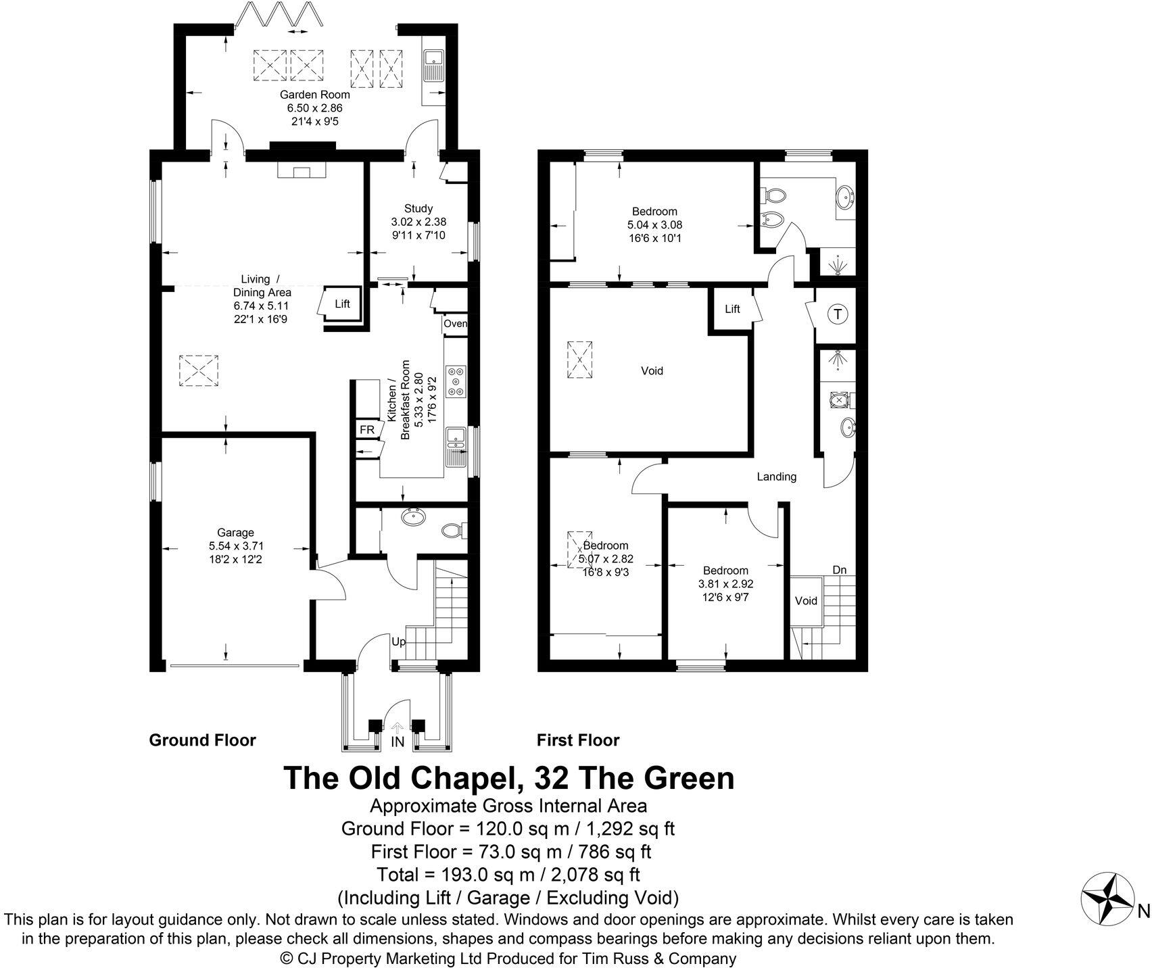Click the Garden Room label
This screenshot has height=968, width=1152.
(x=314, y=95)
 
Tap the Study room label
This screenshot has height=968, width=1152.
(x=418, y=208)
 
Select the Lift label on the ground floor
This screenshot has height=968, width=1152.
(x=343, y=304)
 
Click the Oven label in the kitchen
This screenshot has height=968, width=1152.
(x=455, y=324)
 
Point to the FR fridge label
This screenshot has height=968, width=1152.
(x=366, y=430)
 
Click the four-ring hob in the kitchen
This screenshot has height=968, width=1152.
(x=455, y=381)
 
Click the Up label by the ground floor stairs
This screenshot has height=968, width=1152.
(x=399, y=642)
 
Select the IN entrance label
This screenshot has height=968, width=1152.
(x=398, y=742)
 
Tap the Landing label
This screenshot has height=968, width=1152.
(x=776, y=477)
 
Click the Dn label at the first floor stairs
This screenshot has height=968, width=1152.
(x=839, y=570)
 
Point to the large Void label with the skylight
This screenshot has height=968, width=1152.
(x=652, y=370)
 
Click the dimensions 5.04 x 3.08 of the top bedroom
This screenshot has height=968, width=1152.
(x=654, y=225)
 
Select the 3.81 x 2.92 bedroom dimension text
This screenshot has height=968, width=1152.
(x=725, y=584)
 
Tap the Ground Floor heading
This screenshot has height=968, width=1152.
(x=202, y=740)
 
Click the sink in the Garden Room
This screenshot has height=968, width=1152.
(x=431, y=66)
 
